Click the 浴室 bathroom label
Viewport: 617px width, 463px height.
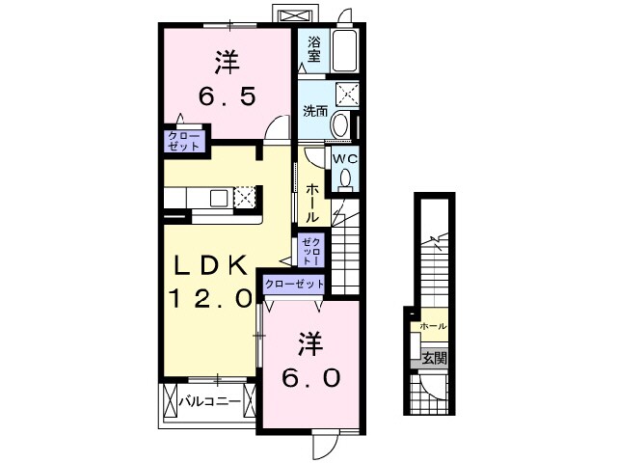pos(313,49)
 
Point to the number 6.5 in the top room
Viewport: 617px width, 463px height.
pos(228,97)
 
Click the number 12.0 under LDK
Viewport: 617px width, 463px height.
pos(213,296)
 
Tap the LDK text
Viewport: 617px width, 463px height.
pos(214,264)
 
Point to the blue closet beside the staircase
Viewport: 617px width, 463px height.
pos(309,251)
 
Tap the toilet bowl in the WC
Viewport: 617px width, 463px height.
pos(345,178)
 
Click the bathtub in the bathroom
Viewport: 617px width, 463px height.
pos(344,48)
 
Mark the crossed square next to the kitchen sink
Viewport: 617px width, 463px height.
pos(245,198)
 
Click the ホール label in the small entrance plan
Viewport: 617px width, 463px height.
pos(433,326)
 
